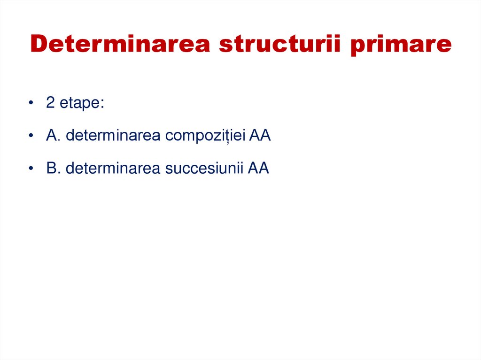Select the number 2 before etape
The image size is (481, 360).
pos(50,103)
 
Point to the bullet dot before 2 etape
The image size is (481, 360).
pos(31,104)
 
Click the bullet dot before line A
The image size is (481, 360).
pos(31,136)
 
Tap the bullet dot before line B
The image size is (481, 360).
pos(31,169)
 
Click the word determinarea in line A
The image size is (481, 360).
pos(113,136)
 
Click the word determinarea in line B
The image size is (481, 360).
pos(113,168)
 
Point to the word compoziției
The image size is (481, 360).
pos(204,137)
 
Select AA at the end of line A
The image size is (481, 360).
pos(260,136)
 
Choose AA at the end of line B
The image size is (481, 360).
pos(258,168)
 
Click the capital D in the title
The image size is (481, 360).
pos(39,44)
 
